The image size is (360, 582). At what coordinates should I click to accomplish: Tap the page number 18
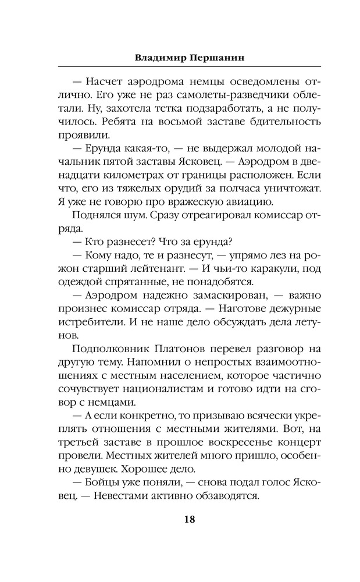point(180,520)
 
